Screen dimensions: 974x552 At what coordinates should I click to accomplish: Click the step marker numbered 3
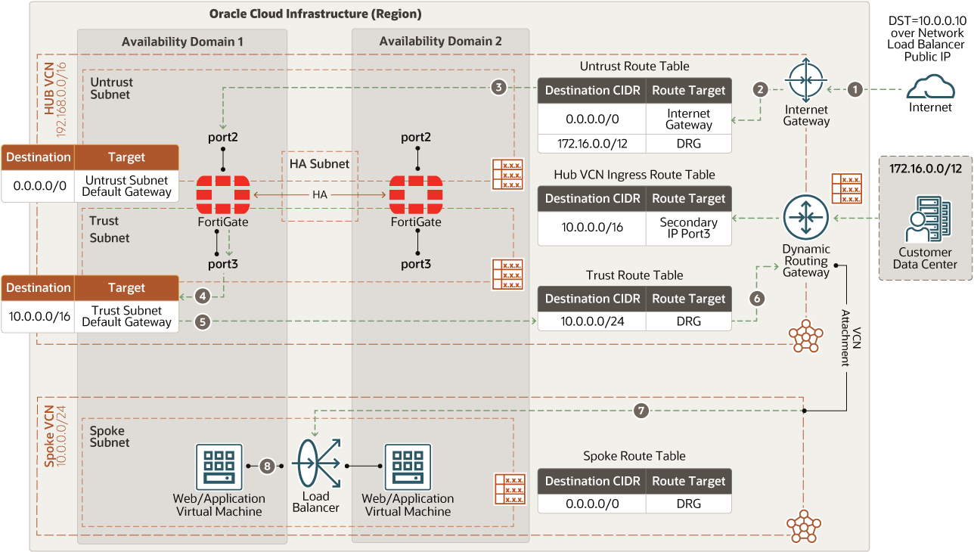[499, 88]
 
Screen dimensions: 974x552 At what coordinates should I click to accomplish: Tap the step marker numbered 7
[641, 411]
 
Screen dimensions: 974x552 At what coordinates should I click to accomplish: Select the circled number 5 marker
[202, 321]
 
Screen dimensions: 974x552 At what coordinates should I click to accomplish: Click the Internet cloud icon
[930, 86]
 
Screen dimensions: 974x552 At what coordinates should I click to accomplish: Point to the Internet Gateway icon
[805, 80]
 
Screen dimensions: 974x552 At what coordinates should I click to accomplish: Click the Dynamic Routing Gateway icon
[805, 217]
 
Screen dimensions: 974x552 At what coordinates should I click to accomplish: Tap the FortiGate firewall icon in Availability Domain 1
[222, 194]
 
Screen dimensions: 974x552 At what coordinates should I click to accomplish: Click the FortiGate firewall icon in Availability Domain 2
[416, 194]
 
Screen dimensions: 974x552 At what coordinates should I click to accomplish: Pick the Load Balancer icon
[317, 463]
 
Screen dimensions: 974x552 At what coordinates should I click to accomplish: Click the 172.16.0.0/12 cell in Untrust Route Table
[592, 144]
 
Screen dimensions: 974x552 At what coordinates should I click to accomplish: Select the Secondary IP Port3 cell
[688, 228]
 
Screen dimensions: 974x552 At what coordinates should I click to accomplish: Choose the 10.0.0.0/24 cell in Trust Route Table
[592, 321]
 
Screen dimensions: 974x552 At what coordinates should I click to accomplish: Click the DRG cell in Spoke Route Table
[688, 504]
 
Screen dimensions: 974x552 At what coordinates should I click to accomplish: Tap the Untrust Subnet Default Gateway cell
[126, 185]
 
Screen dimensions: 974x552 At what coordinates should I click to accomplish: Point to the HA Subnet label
[320, 164]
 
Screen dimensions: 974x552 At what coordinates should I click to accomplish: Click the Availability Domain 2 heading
[440, 42]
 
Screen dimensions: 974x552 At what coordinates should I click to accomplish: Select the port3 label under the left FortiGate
[222, 264]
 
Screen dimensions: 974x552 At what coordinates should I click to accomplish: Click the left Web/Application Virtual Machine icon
[219, 467]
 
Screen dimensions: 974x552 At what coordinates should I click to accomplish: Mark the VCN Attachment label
[851, 338]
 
